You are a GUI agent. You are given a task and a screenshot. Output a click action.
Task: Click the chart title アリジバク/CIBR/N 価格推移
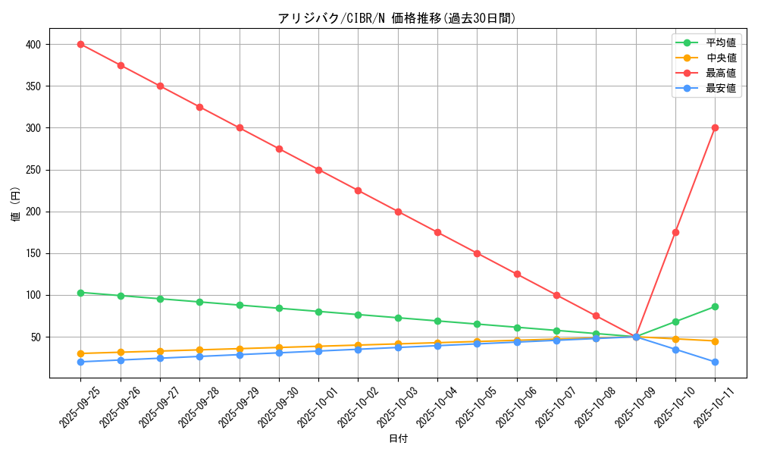click(x=397, y=18)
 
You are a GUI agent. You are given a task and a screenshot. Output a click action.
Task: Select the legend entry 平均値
click(x=720, y=42)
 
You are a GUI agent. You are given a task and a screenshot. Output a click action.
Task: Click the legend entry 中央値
click(x=720, y=58)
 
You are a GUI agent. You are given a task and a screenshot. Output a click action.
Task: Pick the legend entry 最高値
click(x=720, y=73)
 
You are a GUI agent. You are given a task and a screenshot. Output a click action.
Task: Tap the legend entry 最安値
click(x=720, y=88)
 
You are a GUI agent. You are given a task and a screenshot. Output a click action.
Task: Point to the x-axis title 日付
click(x=397, y=439)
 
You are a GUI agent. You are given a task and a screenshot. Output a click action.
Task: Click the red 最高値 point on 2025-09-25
click(x=80, y=44)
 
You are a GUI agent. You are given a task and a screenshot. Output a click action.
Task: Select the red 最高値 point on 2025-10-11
click(x=715, y=127)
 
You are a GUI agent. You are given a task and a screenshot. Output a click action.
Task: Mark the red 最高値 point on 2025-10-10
click(x=675, y=232)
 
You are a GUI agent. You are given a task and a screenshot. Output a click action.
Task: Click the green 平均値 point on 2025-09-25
click(x=80, y=293)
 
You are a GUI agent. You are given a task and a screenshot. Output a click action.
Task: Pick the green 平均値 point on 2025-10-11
click(x=715, y=306)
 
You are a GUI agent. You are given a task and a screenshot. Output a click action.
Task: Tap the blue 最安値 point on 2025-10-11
click(x=715, y=362)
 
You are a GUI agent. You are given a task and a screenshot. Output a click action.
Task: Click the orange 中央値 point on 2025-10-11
click(x=715, y=341)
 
